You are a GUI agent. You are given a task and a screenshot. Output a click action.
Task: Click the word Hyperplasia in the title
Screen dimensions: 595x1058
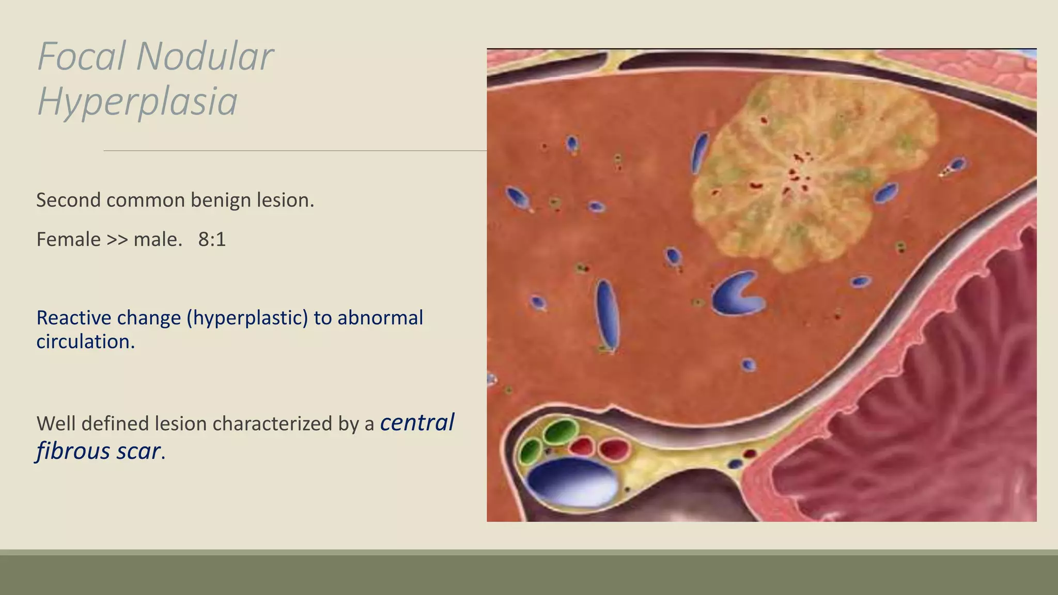point(137,101)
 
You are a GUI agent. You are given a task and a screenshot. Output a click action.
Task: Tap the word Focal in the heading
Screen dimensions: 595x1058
point(82,56)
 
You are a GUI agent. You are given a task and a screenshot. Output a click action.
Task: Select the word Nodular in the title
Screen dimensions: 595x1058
point(205,56)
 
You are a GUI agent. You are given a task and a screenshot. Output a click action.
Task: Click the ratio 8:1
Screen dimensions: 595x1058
point(212,240)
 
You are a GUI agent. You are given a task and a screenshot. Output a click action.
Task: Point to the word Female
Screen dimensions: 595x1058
point(69,240)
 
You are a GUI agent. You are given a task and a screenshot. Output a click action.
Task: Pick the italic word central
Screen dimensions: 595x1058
point(417,422)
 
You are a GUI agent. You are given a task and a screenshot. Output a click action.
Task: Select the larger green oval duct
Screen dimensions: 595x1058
point(561,432)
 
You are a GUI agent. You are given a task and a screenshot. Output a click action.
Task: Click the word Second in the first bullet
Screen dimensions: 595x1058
point(68,200)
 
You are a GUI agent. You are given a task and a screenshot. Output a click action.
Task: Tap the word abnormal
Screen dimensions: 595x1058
point(380,318)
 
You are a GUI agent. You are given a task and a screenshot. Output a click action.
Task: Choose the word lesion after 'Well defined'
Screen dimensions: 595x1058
point(181,424)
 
